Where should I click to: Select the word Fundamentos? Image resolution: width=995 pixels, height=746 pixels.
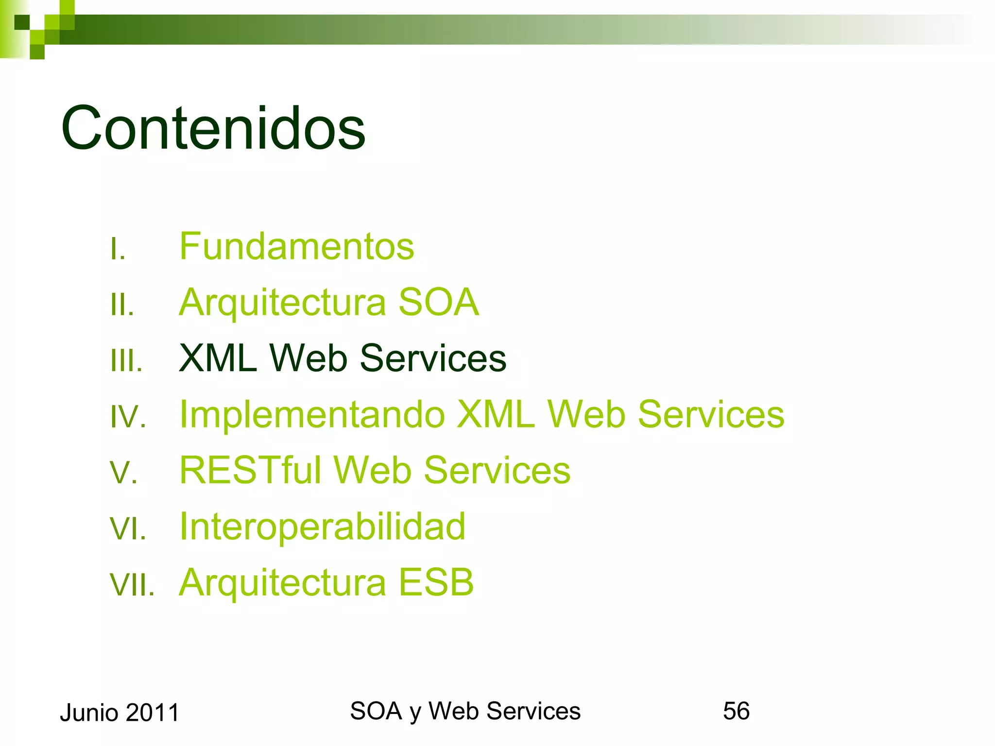pos(296,246)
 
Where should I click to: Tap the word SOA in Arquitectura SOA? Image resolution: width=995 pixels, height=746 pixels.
pos(439,302)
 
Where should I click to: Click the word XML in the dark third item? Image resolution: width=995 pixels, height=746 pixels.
pos(217,358)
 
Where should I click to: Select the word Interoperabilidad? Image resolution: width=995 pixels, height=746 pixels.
pos(322,526)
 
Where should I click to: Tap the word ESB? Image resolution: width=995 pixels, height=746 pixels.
pos(436,582)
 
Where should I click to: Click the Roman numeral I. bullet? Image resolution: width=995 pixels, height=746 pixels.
pos(118,249)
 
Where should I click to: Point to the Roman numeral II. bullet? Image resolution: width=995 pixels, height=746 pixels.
pos(122,305)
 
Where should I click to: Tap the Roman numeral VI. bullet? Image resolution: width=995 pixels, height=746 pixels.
pos(128,529)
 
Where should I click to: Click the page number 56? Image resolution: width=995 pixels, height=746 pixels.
pos(736,711)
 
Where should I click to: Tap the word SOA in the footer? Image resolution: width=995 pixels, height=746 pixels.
pos(376,711)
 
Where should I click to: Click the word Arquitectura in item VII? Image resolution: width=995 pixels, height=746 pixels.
pos(282,582)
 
